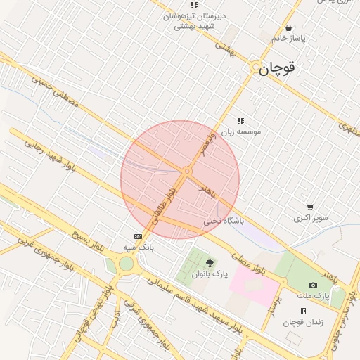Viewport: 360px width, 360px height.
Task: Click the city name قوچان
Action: [276, 68]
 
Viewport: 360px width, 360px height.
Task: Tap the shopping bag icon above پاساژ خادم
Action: [289, 28]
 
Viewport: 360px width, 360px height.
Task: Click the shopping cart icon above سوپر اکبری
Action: [310, 207]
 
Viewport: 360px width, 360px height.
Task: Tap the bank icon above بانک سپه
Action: [138, 236]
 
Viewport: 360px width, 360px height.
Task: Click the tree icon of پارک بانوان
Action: [209, 263]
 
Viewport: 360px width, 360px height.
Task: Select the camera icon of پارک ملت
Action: [313, 285]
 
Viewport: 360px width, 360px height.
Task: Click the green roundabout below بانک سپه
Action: [126, 264]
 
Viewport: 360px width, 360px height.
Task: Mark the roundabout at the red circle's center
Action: [187, 171]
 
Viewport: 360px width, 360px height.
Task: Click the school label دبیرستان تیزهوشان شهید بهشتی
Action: [188, 20]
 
